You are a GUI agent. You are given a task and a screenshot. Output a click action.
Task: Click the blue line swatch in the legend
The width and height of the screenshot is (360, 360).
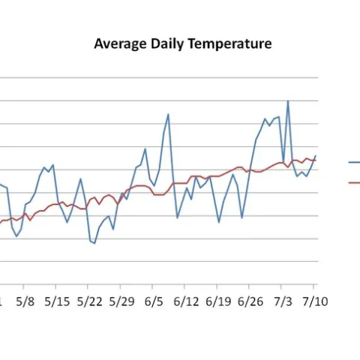click(x=353, y=162)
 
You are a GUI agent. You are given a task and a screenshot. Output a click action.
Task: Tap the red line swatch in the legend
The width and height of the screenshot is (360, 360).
click(x=353, y=182)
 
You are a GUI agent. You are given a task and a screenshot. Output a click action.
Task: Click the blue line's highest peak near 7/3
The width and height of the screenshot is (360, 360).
click(x=288, y=101)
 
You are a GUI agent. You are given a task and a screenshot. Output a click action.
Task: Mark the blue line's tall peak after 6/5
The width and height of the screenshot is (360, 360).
click(x=168, y=114)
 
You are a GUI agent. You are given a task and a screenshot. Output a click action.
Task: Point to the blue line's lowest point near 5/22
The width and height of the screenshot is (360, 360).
click(x=94, y=243)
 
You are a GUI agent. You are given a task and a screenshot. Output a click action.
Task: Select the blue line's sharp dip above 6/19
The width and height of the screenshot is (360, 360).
click(x=219, y=222)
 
